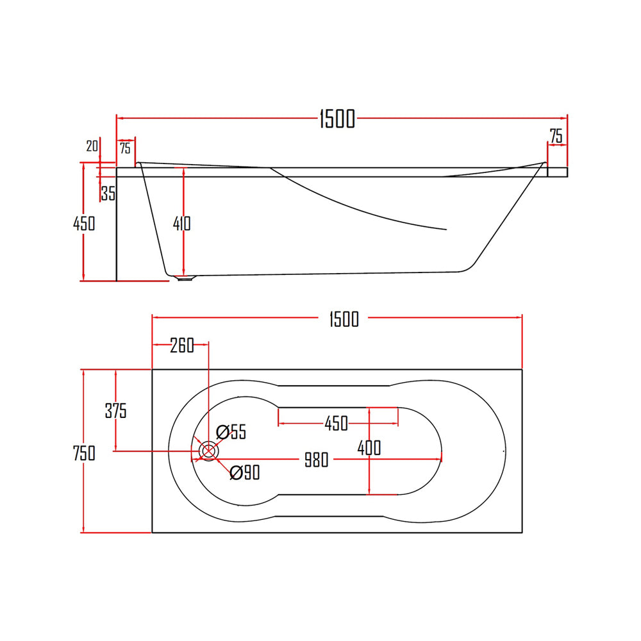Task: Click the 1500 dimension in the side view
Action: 337,119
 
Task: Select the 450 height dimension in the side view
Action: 84,223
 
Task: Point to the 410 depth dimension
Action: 182,223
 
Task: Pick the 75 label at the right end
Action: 556,136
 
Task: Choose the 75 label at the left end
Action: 125,148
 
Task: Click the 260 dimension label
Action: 182,345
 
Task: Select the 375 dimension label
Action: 116,411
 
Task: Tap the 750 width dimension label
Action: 84,453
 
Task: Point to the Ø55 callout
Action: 231,431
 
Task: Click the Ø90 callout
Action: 244,473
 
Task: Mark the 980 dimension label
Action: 316,460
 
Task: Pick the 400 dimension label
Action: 369,447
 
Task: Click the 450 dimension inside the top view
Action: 336,423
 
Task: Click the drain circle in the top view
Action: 208,451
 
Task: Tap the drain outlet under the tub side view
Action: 185,278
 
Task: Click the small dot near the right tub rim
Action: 504,451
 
